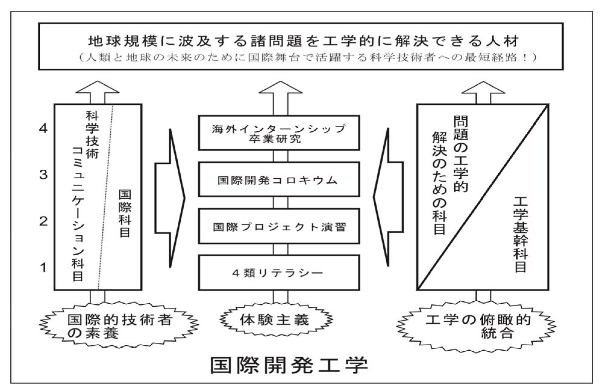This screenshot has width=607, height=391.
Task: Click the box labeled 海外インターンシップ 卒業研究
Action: coord(279,133)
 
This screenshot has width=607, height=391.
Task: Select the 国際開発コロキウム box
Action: coord(279,179)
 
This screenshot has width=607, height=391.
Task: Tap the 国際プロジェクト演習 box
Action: coord(279,226)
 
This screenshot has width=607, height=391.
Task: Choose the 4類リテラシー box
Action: coord(279,273)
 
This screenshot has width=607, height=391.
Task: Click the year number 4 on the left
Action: coord(43,129)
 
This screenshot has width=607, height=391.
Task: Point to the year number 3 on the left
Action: coord(43,175)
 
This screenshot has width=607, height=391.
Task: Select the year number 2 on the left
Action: coord(43,222)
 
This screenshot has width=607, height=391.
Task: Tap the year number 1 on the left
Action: coord(43,267)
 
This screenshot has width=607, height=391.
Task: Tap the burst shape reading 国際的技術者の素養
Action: coord(119,326)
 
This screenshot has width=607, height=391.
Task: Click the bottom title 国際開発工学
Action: coord(289,365)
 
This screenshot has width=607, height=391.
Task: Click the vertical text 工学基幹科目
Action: coord(520,235)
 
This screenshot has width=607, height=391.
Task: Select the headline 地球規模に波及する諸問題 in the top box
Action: coord(303,41)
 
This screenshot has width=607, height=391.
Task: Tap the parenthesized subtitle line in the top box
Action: coord(307,57)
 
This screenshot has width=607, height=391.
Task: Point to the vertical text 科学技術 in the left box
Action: coord(92,135)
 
